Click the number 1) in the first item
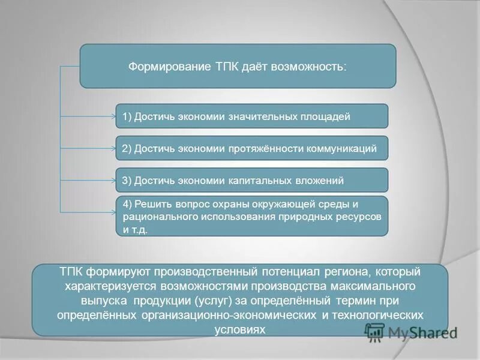127,116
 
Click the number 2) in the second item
127,148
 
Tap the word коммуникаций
342,148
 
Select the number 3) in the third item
127,180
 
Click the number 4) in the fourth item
128,203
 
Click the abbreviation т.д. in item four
139,229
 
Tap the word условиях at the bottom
239,329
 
